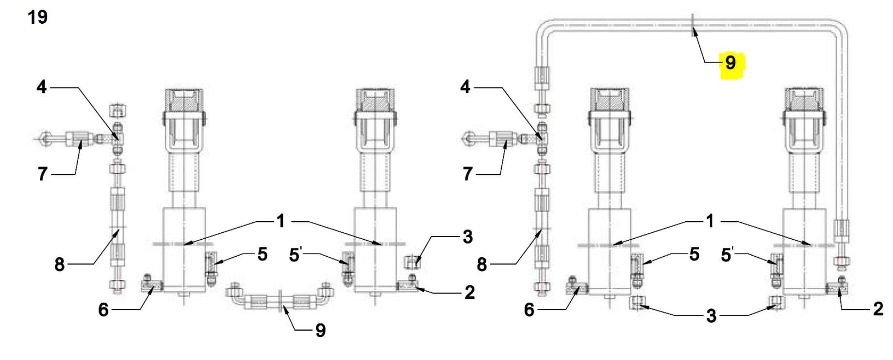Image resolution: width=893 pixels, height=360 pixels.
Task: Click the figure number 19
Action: (x=37, y=17)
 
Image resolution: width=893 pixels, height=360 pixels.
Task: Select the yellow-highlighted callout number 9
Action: (x=730, y=63)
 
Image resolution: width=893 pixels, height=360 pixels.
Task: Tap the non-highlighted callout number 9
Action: (x=320, y=330)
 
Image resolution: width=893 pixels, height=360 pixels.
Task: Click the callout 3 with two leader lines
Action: (x=711, y=316)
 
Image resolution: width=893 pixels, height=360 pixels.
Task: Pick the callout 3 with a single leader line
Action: (x=467, y=237)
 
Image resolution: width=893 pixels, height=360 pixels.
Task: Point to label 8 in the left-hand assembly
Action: (x=59, y=264)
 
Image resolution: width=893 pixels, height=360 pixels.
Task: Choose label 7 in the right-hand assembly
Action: (x=467, y=174)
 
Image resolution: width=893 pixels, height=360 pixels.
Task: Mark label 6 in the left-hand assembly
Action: (x=103, y=310)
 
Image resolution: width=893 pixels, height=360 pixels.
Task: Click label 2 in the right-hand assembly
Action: (x=878, y=309)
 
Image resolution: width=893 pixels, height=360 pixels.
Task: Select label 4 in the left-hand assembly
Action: (x=42, y=87)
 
